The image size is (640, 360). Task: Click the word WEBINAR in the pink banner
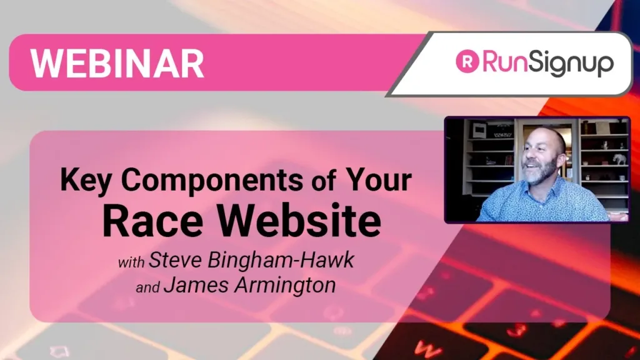pos(117,63)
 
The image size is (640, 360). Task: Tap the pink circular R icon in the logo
pos(467,61)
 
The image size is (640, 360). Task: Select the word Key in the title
pos(85,181)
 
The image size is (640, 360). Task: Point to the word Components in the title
pos(212,181)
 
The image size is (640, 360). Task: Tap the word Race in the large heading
pos(152,221)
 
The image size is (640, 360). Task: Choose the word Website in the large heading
pos(299,221)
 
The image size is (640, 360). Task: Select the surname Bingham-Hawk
pos(281,261)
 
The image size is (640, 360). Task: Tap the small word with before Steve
pos(131,262)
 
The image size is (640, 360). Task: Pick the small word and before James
pos(147,287)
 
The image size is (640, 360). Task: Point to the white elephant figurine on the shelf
pos(619,158)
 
